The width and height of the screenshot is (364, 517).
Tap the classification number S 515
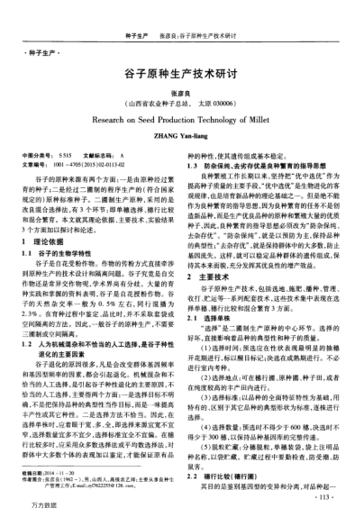64,156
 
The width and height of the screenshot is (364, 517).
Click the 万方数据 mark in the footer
25,507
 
